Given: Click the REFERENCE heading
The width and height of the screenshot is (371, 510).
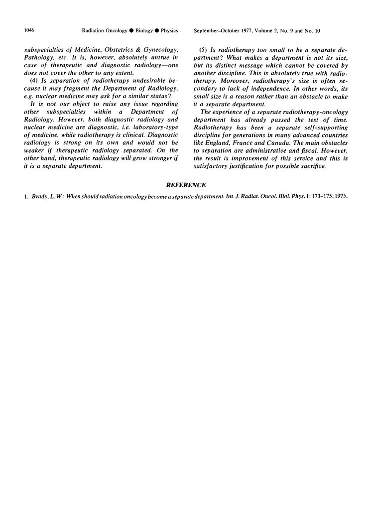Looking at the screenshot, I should tap(185, 185).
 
